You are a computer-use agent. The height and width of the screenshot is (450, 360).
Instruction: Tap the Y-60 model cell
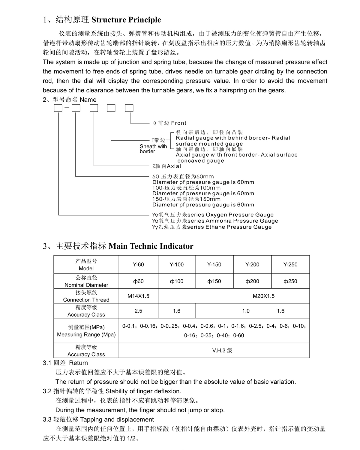click(138, 265)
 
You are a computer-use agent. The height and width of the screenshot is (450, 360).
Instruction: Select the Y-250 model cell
click(290, 265)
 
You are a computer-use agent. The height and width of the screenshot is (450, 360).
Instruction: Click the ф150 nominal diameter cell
click(214, 281)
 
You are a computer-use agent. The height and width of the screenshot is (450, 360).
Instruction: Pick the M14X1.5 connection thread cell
click(138, 296)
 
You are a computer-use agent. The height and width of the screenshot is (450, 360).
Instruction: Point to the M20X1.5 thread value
click(263, 296)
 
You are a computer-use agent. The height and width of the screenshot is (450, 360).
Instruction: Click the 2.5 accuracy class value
click(138, 311)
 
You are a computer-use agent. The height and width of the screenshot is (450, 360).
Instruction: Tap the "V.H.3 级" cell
click(222, 350)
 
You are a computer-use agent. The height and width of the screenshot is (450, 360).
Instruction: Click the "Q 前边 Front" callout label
click(170, 123)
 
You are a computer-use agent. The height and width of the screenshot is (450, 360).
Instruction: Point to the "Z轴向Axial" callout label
click(167, 166)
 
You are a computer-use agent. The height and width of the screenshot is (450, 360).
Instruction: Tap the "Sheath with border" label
click(153, 149)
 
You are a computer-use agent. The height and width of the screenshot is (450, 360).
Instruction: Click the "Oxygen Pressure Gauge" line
click(213, 215)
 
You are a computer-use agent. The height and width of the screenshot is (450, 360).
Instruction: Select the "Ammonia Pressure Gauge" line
click(215, 221)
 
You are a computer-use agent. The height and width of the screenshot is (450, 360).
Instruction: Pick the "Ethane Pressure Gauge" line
click(212, 227)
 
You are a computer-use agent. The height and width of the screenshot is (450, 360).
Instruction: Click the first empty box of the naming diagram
click(58, 108)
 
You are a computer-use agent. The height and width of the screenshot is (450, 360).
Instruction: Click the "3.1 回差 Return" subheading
click(65, 363)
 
